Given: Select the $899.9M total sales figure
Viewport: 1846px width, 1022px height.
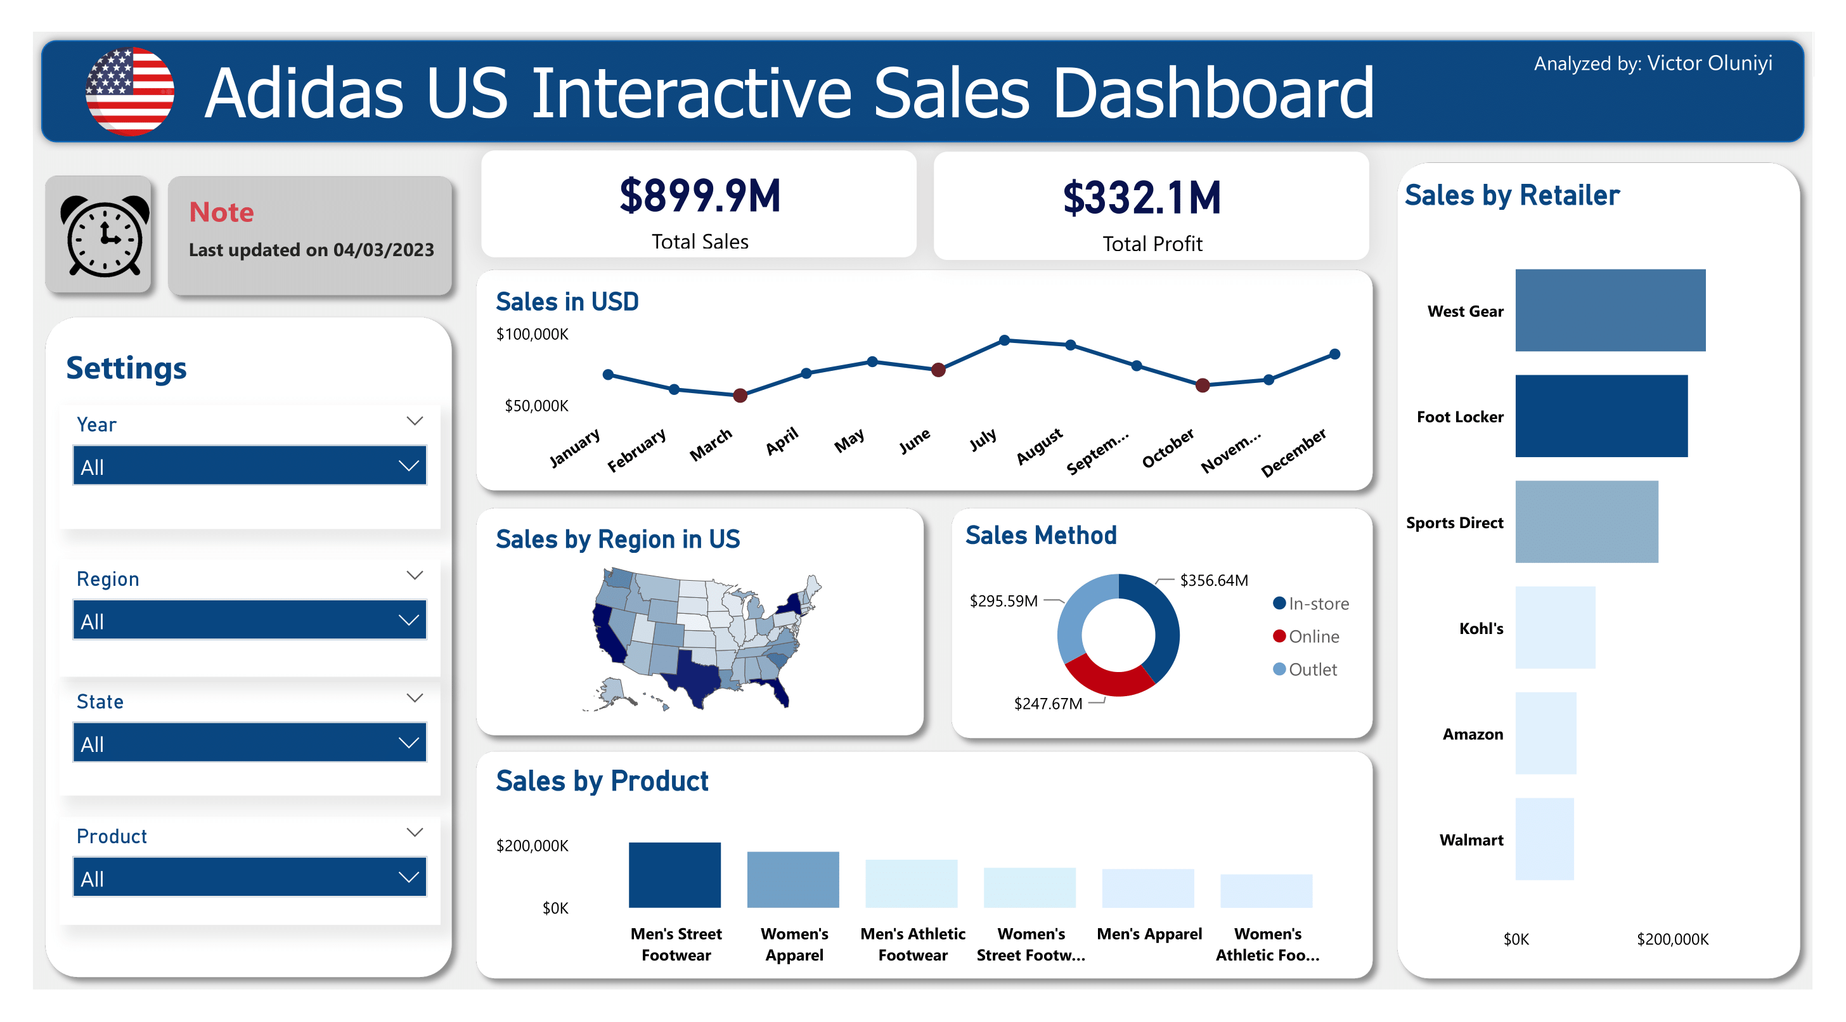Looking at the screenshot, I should coord(699,197).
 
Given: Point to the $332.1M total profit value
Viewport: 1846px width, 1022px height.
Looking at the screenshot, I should coord(1142,198).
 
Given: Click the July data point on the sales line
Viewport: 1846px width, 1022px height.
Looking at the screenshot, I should coord(1005,340).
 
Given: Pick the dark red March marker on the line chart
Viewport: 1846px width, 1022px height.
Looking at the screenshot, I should coord(740,395).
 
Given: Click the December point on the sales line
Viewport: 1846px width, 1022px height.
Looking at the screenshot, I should coord(1334,354).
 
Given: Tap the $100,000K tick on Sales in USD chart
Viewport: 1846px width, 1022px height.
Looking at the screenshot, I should coord(532,334).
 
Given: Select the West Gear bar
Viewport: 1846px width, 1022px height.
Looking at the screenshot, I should coord(1610,310).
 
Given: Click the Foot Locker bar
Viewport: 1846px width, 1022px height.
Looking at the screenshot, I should coord(1601,416).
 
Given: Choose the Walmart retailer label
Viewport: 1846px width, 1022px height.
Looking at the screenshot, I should coord(1471,840).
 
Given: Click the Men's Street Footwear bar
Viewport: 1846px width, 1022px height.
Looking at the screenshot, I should coord(674,874).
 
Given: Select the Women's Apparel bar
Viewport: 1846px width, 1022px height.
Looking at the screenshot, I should coord(792,879).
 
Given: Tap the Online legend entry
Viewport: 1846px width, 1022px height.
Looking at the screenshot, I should coord(1313,637).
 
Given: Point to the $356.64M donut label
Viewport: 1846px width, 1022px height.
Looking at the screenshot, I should coord(1213,580).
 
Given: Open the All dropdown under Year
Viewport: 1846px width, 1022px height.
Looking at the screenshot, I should coord(249,466).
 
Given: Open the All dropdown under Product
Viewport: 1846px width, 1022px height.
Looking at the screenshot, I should coord(249,877).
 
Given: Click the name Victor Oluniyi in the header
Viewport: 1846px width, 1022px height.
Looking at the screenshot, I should coord(1708,63).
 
